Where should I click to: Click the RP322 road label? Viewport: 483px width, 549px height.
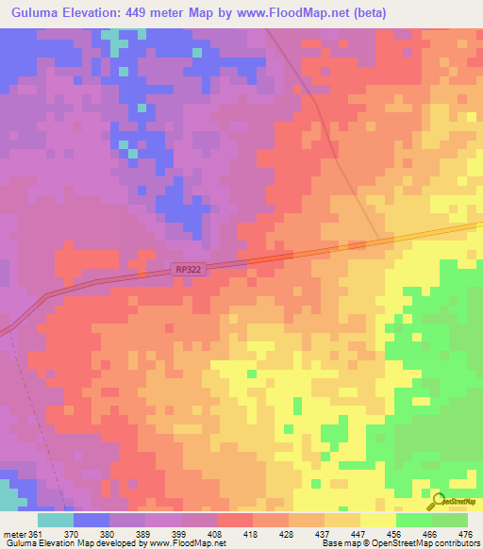point(189,270)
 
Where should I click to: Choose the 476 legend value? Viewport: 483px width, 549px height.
point(465,533)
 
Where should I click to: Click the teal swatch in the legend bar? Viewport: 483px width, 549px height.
point(55,520)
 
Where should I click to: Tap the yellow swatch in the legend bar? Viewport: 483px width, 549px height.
point(377,520)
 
